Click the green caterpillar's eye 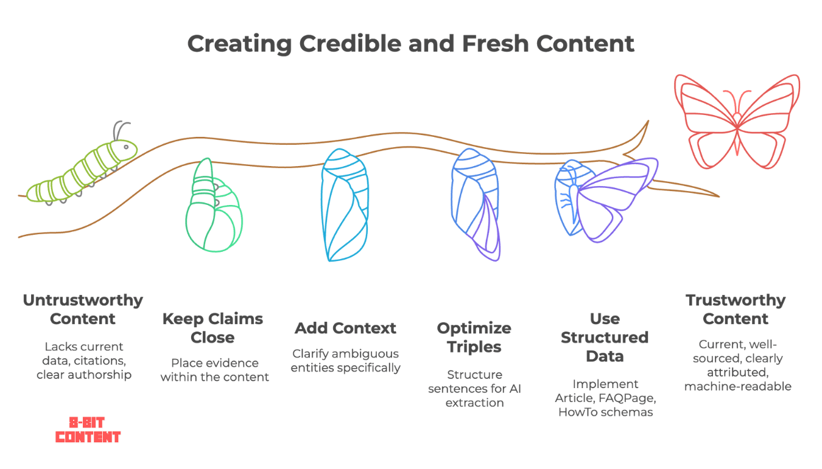[x=126, y=147]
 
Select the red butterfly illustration [x=737, y=122]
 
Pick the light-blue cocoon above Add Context [x=345, y=205]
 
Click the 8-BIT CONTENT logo [x=88, y=429]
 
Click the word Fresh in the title [x=496, y=44]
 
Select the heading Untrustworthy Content [x=83, y=310]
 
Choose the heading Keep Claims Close [x=213, y=328]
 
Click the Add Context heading [x=346, y=328]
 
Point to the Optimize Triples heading [x=474, y=338]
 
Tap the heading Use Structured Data [x=605, y=338]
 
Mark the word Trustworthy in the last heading [x=736, y=301]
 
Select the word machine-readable [x=738, y=386]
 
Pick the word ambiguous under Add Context [x=362, y=354]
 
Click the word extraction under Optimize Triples [x=474, y=403]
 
